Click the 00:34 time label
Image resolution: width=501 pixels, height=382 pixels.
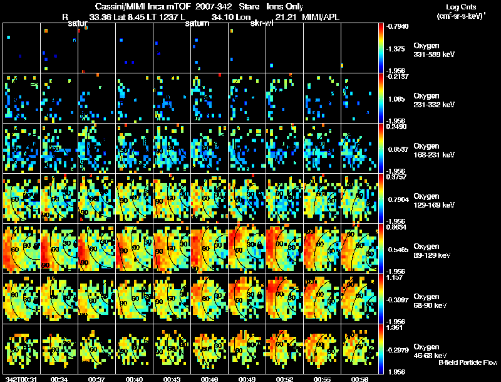pos(59,379)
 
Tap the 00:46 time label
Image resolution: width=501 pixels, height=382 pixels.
pos(209,379)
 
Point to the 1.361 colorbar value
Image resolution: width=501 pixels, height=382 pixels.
pos(396,327)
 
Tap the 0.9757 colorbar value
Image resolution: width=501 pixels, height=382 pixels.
pos(396,177)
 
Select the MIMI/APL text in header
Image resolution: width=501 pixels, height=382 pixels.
pos(323,17)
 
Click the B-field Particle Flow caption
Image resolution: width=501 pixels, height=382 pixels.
pos(467,363)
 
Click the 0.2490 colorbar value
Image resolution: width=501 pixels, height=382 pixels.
pos(396,127)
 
